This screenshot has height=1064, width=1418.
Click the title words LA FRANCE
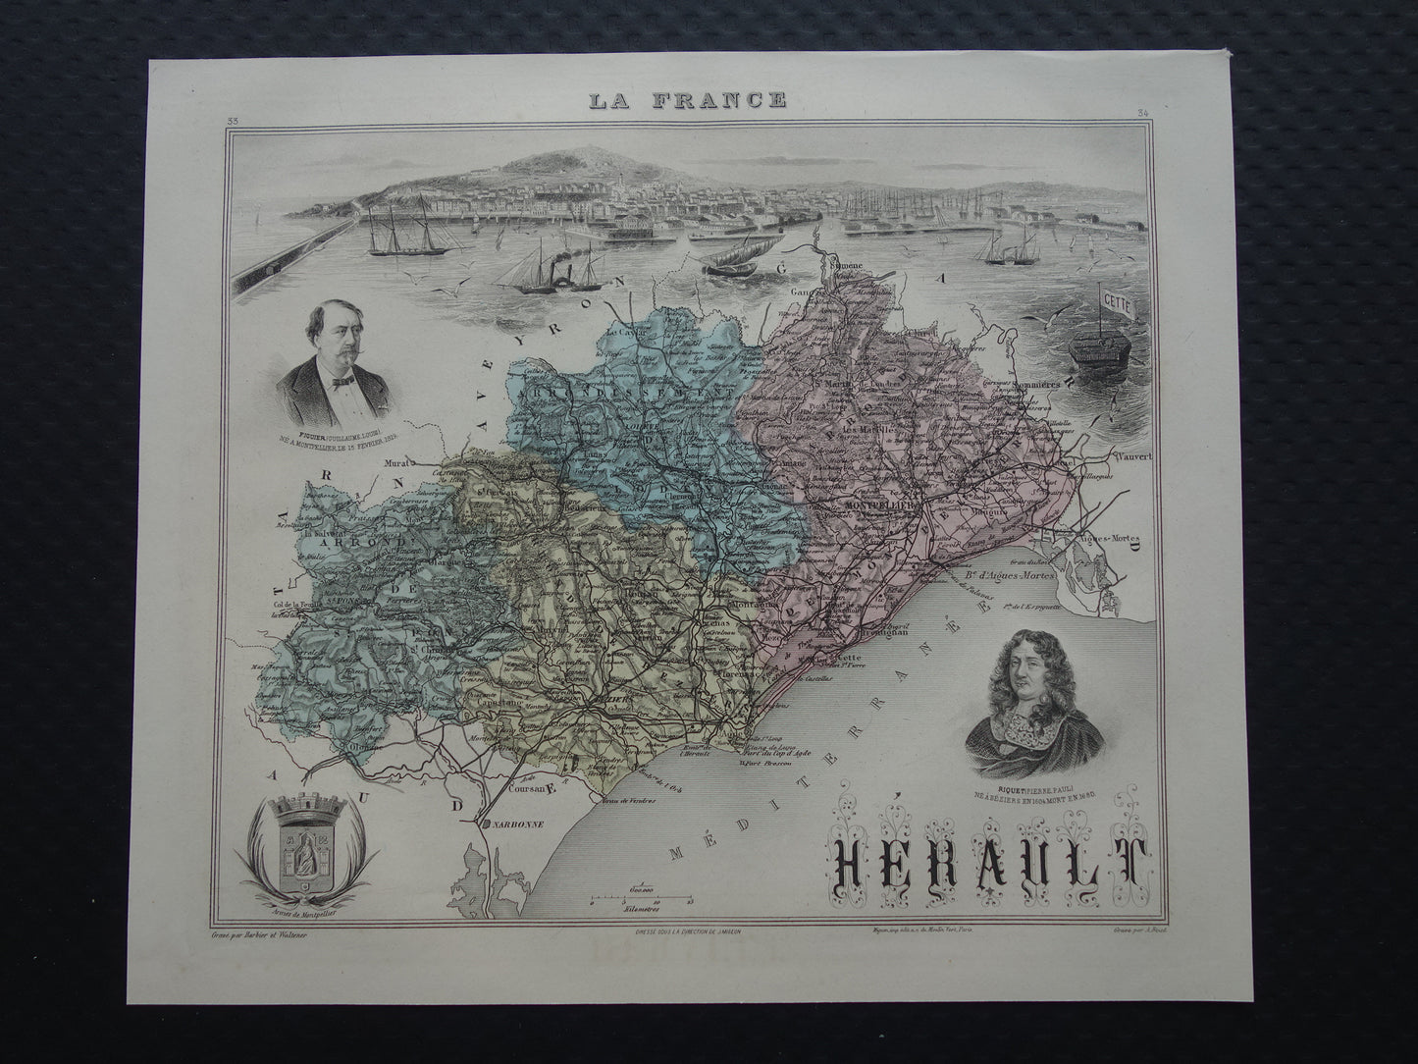point(687,99)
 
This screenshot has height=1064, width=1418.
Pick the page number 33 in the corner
point(234,120)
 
